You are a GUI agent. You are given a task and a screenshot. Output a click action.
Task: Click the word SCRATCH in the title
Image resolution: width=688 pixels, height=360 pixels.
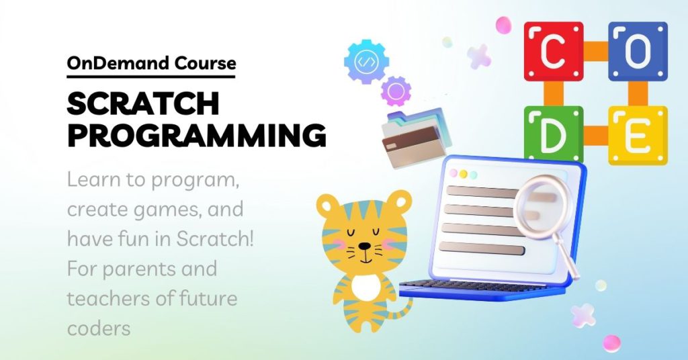[x=143, y=103]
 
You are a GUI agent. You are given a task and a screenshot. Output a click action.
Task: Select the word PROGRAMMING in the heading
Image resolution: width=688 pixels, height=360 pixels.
[x=197, y=136]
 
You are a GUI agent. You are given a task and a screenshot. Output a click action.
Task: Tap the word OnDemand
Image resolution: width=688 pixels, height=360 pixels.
[x=118, y=63]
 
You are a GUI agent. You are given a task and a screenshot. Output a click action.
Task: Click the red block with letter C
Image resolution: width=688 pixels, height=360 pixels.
[x=554, y=51]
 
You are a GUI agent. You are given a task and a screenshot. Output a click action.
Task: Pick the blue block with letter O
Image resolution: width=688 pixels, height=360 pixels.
[x=638, y=51]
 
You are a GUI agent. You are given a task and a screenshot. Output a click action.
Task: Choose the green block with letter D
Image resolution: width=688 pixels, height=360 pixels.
[x=554, y=134]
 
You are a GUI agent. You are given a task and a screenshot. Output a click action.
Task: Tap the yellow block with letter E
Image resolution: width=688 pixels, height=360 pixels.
[x=638, y=136]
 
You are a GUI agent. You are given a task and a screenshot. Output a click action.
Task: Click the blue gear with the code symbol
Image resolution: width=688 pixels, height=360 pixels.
[x=366, y=61]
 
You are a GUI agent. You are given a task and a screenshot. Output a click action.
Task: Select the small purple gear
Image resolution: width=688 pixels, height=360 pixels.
[x=396, y=91]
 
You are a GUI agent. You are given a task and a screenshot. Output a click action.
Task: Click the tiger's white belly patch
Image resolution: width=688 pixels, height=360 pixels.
[x=366, y=287]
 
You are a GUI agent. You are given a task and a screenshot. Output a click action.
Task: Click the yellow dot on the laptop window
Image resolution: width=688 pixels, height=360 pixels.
[x=463, y=174]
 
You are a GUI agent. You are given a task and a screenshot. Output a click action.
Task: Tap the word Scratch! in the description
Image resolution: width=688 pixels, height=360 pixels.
[x=215, y=239]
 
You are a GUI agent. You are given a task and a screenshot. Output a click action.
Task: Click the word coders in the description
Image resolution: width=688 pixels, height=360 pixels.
[x=99, y=328]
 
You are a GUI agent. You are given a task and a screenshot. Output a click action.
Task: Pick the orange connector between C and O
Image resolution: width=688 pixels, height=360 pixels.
[x=596, y=51]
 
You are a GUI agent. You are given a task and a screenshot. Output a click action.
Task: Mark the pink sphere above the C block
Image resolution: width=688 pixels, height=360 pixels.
[x=503, y=25]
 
